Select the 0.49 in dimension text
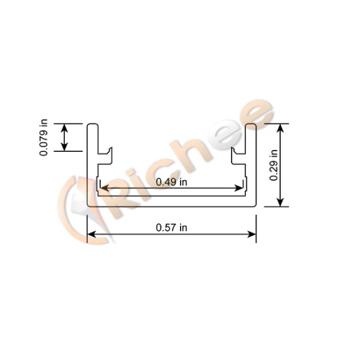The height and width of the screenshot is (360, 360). coord(171,182)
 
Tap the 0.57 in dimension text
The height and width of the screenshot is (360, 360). coord(171,227)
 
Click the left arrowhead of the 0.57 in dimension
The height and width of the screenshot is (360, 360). coord(91,234)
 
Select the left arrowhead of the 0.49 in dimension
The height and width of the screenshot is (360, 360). coord(102,189)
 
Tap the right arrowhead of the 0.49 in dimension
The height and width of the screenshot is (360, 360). coord(242,189)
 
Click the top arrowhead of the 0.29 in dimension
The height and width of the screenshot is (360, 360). coord(281,127)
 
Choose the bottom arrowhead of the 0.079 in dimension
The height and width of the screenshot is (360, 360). coord(65,147)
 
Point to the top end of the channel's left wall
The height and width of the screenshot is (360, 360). coord(92,124)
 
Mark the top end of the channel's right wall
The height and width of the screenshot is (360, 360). coord(251,124)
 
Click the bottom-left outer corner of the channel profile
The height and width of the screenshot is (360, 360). coord(88,206)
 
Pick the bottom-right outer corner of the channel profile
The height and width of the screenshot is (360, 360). coord(255,206)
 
